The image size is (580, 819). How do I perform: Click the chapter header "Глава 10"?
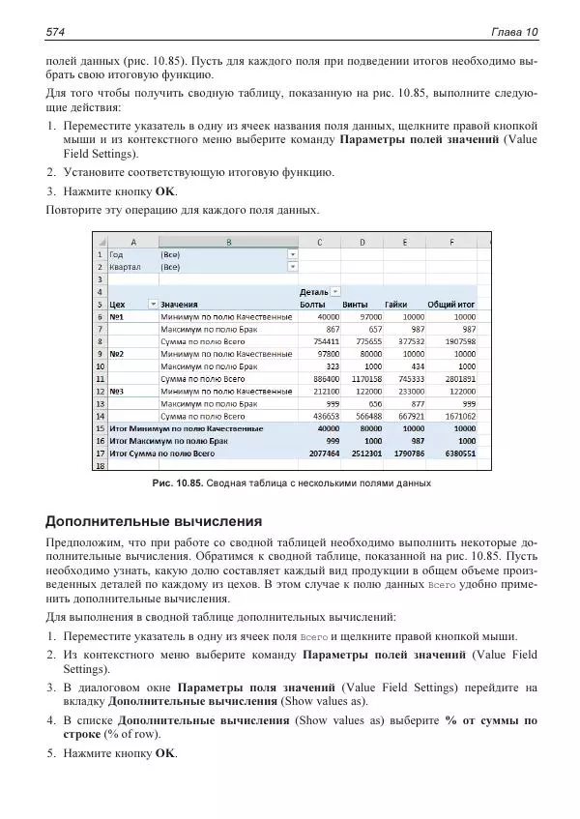click(x=514, y=33)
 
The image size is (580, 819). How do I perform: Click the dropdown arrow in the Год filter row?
click(x=292, y=253)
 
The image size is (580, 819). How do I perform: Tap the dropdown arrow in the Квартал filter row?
click(x=292, y=266)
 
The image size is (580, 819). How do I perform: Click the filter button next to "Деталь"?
click(x=335, y=291)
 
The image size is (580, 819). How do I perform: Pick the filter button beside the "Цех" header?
click(x=152, y=304)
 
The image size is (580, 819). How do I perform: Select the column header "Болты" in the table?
click(x=312, y=304)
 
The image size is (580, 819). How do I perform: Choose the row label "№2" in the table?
click(x=118, y=354)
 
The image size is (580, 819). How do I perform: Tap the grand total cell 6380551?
click(x=457, y=453)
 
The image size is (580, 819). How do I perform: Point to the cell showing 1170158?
click(x=367, y=379)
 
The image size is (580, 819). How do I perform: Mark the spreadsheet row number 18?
click(x=100, y=465)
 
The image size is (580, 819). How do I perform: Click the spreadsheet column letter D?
click(x=362, y=241)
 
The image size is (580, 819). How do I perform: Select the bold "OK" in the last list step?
click(x=165, y=753)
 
